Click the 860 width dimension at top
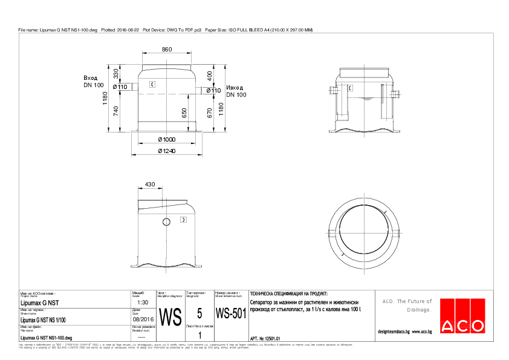coord(166,49)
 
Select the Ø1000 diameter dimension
coord(166,140)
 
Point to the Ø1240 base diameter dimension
coord(166,151)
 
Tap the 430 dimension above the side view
coord(150,184)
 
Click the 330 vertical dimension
coord(116,74)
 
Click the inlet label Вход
coord(91,78)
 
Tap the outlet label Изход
coord(236,87)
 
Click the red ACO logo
coord(462,316)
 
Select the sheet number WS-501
coord(231,314)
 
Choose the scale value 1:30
coord(143,302)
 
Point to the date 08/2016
coord(143,319)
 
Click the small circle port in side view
coord(166,221)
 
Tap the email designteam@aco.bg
coord(394,332)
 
